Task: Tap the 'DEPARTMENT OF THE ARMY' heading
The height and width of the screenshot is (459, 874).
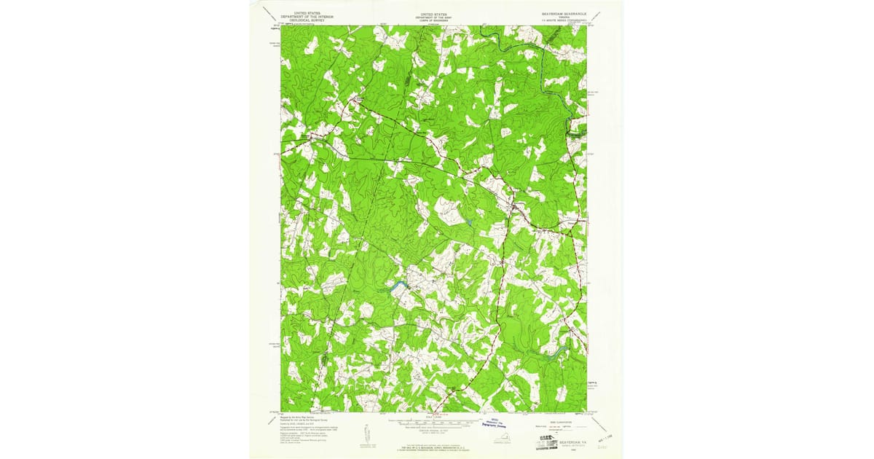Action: [435, 17]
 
